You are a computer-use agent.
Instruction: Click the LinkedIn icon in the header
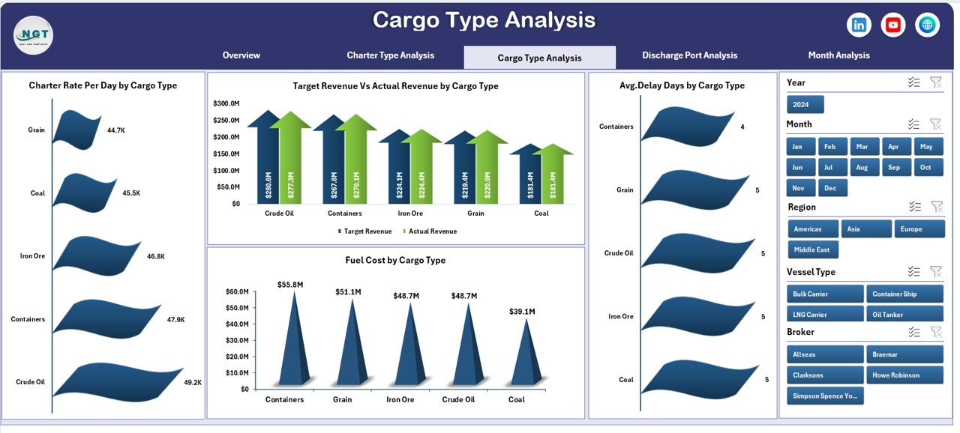click(x=859, y=25)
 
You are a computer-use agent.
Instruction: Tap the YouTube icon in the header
click(x=892, y=25)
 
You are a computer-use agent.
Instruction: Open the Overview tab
click(x=241, y=55)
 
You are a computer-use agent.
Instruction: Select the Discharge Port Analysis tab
click(x=689, y=55)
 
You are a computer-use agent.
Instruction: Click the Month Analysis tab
click(x=838, y=55)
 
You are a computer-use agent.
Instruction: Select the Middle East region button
click(x=813, y=249)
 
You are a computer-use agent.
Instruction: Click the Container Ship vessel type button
click(x=904, y=294)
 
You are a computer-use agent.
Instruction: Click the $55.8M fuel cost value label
click(x=289, y=285)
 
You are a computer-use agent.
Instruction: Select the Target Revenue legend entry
click(x=364, y=231)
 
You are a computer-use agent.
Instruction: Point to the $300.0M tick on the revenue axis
click(x=226, y=103)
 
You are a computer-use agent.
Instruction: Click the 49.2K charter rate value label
click(x=193, y=382)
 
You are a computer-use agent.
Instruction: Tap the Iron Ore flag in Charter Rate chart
click(x=96, y=255)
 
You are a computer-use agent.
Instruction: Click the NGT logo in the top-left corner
click(x=33, y=34)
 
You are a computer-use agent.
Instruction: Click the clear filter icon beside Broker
click(x=935, y=332)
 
